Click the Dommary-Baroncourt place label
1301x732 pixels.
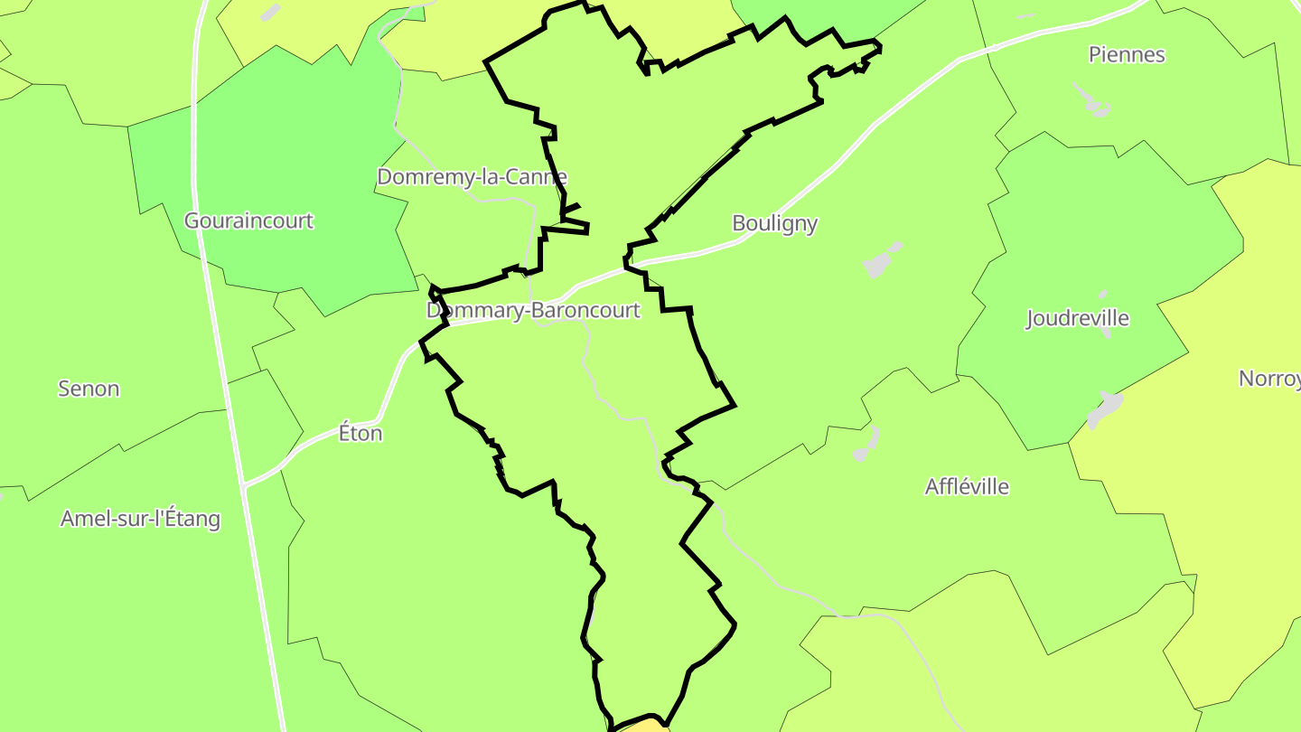pos(533,311)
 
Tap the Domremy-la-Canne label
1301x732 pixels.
pos(472,177)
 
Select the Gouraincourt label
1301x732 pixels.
pos(248,221)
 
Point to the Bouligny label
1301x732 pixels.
pos(774,223)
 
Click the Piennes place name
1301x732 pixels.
pos(1126,55)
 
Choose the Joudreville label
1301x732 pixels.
pos(1078,318)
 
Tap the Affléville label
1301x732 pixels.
pos(967,487)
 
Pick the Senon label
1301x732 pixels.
pos(89,389)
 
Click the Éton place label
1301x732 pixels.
pos(360,434)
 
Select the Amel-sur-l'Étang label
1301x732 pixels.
pos(140,519)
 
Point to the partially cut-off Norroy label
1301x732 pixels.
pos(1269,379)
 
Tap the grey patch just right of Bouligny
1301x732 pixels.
pos(879,262)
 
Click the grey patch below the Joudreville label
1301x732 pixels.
pos(1104,408)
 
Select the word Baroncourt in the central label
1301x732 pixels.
pos(585,311)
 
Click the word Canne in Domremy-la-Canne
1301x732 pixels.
pos(539,177)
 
